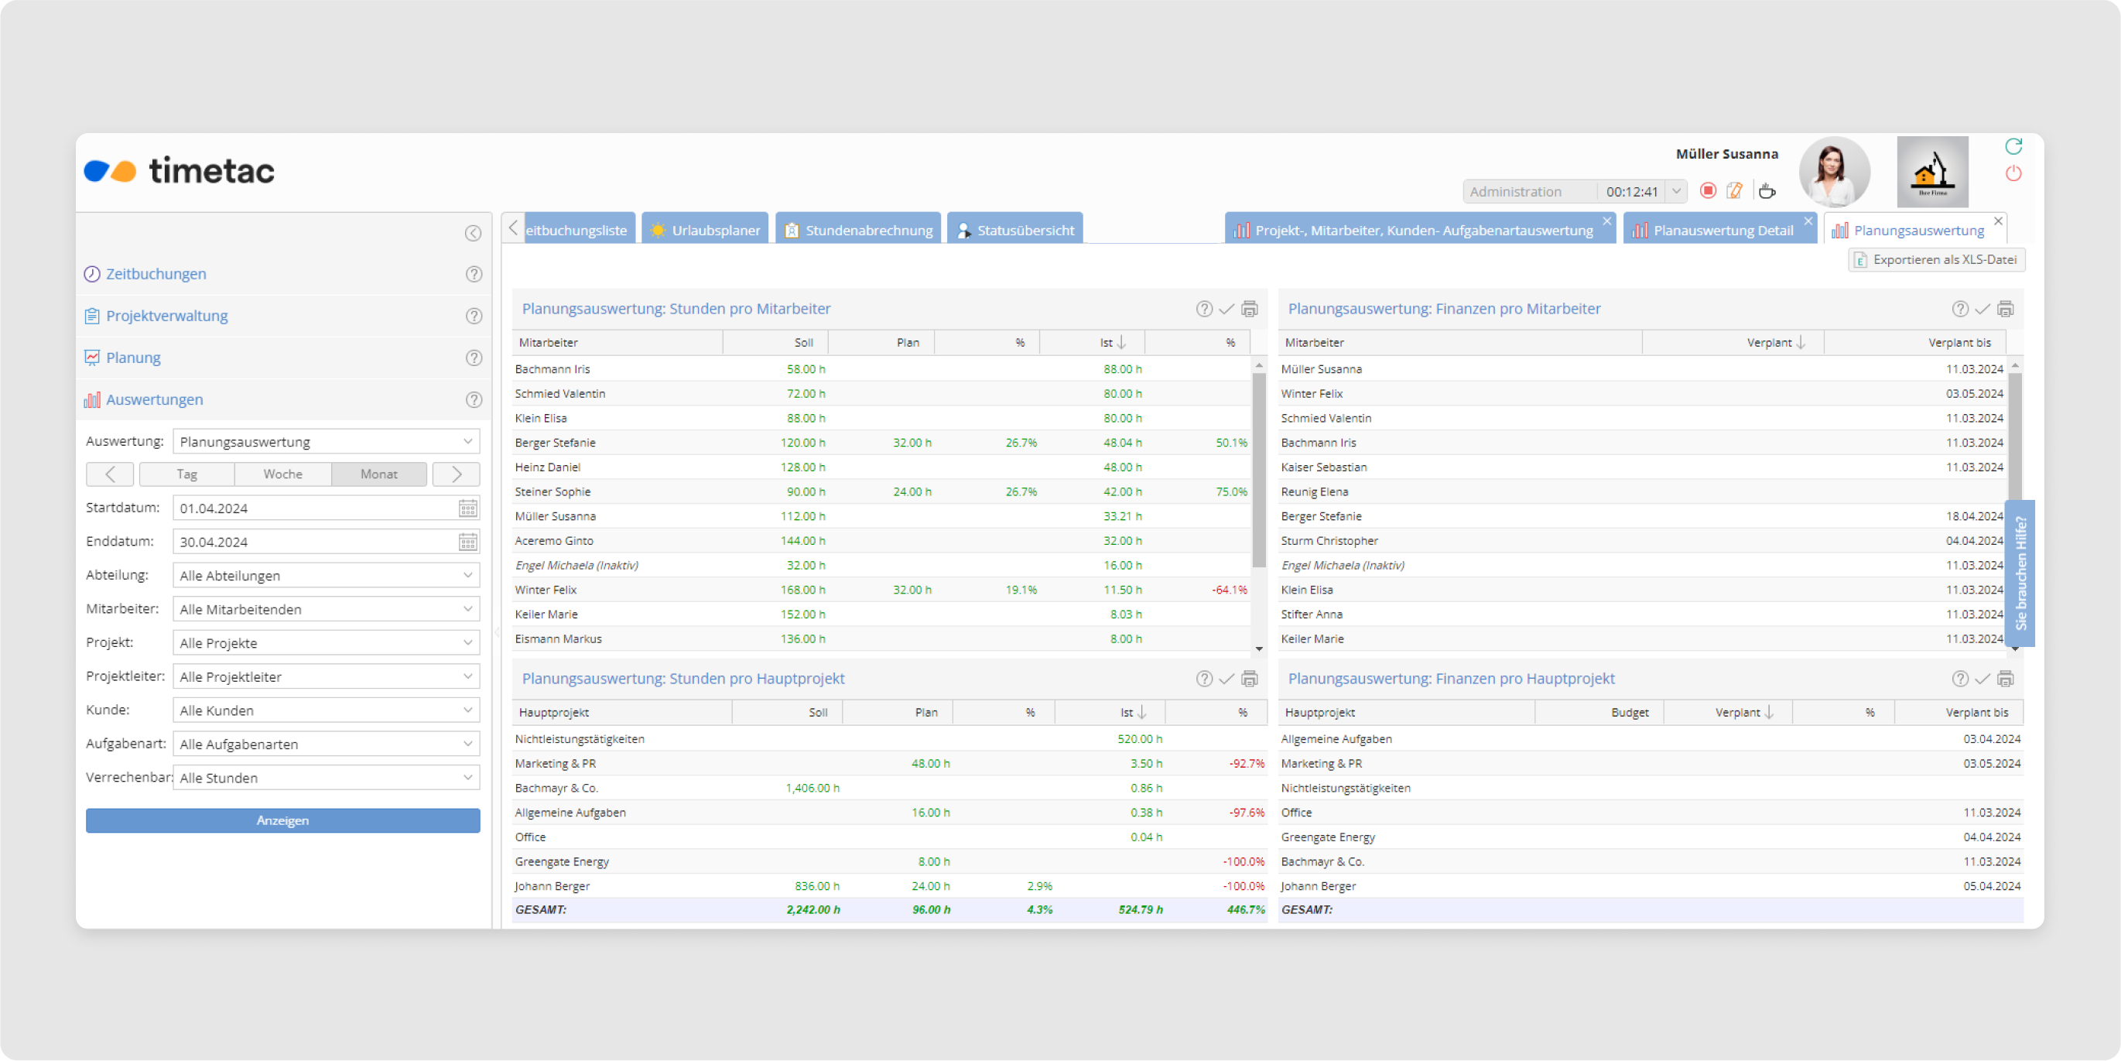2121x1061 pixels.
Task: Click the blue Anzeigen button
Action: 282,820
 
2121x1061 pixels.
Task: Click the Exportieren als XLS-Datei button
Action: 1936,259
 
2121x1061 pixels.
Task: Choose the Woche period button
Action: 282,474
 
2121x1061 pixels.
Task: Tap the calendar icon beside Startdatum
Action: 467,508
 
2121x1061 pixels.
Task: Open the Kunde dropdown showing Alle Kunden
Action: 326,710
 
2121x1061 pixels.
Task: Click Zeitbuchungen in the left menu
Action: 156,274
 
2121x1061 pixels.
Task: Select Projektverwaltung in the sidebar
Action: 166,317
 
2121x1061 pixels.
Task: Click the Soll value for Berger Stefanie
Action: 802,443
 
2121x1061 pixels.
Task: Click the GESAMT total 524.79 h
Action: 1141,910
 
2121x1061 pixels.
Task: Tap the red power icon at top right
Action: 2013,174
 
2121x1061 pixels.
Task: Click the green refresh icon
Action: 2013,146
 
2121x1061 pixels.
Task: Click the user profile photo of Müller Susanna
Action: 1834,171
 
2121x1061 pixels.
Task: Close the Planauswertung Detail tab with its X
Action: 1808,221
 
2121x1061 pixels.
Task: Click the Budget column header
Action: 1629,713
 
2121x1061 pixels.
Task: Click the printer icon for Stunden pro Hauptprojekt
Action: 1249,679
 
